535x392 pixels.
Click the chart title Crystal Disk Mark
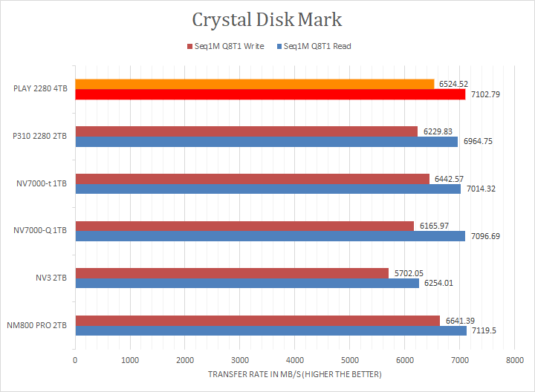tap(267, 19)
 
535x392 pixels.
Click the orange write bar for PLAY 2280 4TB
tap(254, 84)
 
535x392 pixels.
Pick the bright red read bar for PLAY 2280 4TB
tap(270, 94)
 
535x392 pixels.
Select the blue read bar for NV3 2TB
tap(247, 283)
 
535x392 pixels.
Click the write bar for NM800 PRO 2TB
tap(257, 320)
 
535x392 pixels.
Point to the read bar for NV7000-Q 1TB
tap(270, 236)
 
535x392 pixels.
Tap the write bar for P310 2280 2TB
tap(246, 131)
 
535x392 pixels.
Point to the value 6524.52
tap(453, 84)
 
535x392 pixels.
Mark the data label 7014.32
tap(481, 189)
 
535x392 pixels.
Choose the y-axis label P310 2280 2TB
tap(39, 136)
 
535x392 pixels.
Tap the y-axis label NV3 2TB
tap(50, 278)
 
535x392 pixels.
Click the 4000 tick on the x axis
tap(294, 360)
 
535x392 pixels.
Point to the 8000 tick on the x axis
tap(514, 360)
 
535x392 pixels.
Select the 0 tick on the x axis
tap(75, 360)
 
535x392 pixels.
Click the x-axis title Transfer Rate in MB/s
tap(294, 374)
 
